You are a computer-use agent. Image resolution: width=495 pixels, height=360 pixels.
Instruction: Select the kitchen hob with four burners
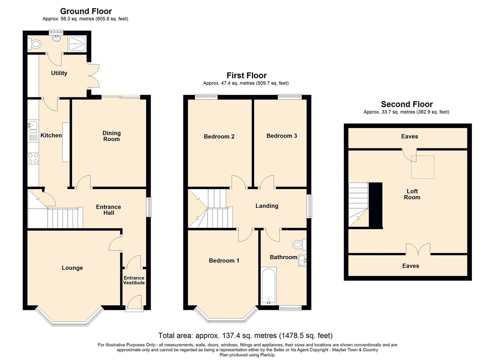point(33,158)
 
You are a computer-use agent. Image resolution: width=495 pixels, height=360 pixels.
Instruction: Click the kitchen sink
point(33,126)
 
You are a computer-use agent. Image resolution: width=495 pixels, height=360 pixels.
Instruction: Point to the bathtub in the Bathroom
point(268,286)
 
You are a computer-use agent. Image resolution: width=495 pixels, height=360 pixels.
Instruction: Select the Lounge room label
point(72,268)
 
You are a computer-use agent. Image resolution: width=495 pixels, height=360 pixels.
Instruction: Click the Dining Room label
point(111,136)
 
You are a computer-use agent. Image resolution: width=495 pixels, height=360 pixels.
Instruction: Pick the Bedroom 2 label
point(219,137)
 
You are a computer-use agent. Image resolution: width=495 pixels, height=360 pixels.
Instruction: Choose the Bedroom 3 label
point(282,136)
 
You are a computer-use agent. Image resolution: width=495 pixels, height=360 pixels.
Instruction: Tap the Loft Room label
point(412,194)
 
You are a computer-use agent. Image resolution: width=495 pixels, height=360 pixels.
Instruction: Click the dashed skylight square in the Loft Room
point(423,167)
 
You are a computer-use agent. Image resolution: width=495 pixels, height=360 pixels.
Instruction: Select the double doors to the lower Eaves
point(418,250)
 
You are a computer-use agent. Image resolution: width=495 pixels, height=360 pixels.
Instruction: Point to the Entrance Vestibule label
point(134,280)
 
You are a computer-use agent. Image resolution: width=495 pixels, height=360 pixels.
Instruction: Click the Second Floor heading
point(407,104)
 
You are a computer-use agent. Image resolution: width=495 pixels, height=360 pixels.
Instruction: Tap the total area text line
point(245,336)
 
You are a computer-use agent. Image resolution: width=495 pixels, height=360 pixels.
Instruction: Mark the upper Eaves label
point(410,137)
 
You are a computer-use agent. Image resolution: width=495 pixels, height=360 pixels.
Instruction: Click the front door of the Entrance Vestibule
point(134,303)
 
